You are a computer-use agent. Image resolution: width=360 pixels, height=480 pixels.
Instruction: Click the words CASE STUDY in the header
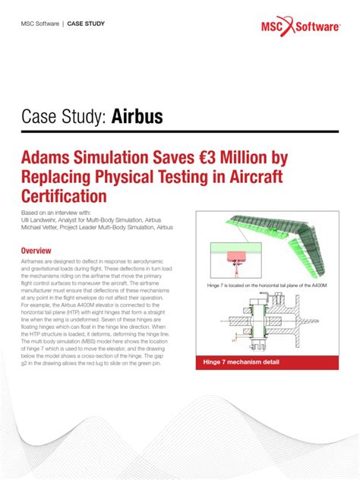86,24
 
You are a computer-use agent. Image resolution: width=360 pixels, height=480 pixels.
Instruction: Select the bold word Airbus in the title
137,117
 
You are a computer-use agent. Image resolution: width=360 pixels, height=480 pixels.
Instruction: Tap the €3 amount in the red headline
207,159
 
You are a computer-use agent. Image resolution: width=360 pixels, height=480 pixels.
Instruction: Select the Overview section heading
36,251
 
